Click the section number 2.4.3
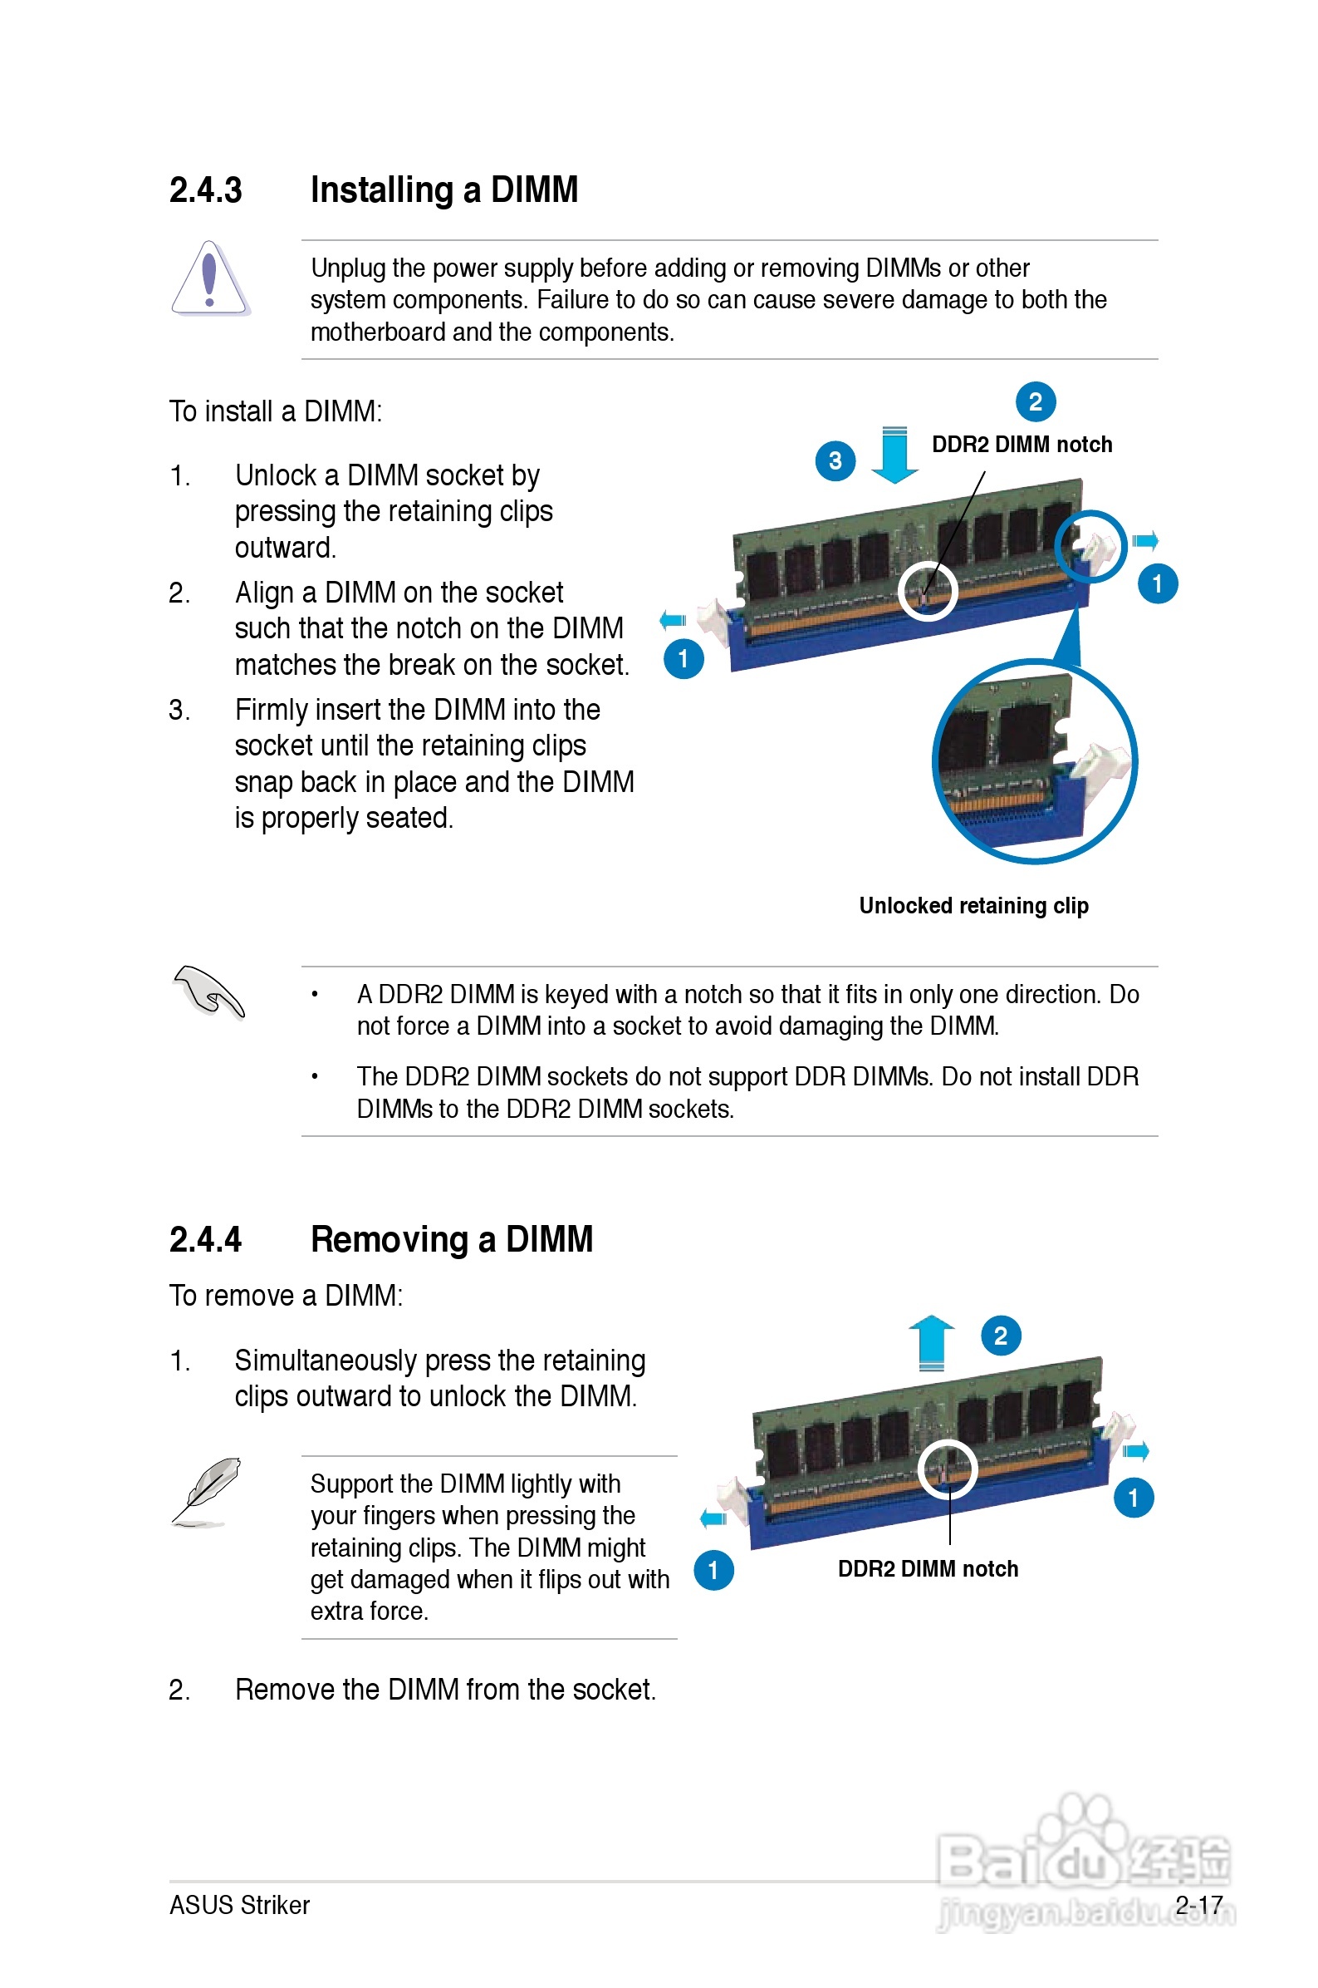pos(205,190)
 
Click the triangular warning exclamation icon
pos(209,280)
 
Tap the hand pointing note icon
pos(208,992)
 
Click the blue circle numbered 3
pos(835,460)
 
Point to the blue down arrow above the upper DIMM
pos(894,455)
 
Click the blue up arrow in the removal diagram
pos(931,1341)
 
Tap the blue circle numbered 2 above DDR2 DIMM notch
pos(1036,402)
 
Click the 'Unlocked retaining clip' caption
pos(973,906)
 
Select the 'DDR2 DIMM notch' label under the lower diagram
pos(927,1569)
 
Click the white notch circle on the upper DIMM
pos(927,590)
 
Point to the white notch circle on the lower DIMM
pos(948,1469)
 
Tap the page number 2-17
pos(1198,1906)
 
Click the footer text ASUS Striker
pos(239,1906)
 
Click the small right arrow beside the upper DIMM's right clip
pos(1145,541)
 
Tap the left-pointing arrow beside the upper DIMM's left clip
pos(673,621)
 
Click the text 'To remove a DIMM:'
pos(286,1296)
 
